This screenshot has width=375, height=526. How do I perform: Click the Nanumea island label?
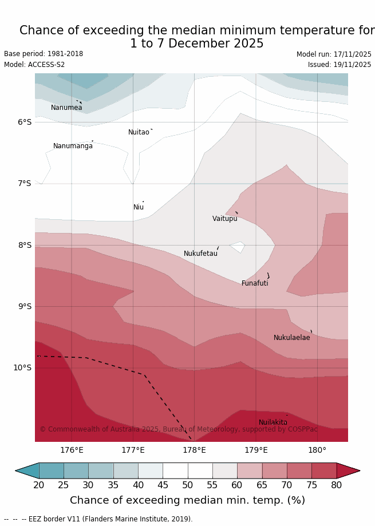(66, 108)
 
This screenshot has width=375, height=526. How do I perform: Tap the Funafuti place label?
(255, 283)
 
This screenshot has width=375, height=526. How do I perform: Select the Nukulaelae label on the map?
(291, 338)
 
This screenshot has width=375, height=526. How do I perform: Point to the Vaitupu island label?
(224, 219)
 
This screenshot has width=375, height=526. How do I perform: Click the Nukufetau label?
(200, 254)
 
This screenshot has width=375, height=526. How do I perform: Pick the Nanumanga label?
(73, 146)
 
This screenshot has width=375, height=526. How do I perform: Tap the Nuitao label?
(139, 132)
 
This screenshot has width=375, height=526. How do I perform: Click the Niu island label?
(139, 207)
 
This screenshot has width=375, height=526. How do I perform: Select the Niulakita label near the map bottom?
(273, 422)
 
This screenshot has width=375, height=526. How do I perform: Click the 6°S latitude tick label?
(24, 122)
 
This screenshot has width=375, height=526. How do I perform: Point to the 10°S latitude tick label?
(22, 367)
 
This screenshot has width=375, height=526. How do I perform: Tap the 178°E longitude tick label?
(194, 450)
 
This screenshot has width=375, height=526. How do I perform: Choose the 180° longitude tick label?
(317, 450)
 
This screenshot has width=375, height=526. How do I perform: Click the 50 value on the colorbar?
(187, 485)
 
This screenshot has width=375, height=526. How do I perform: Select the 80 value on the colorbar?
(336, 485)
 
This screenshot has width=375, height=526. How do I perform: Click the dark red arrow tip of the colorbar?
(349, 470)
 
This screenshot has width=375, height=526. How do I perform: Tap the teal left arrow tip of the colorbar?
(26, 470)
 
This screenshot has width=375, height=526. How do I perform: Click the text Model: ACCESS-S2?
(34, 65)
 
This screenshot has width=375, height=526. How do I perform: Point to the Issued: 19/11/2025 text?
(340, 65)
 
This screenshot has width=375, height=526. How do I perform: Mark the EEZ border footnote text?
(98, 519)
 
